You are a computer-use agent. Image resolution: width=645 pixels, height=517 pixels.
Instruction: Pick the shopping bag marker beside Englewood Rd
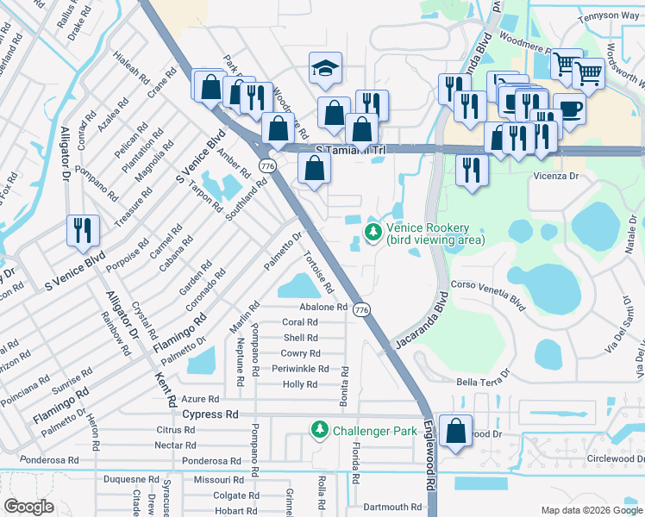click(x=454, y=430)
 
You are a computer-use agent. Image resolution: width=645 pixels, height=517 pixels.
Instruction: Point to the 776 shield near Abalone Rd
click(x=362, y=309)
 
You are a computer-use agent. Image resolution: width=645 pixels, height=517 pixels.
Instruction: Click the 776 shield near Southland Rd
click(x=267, y=165)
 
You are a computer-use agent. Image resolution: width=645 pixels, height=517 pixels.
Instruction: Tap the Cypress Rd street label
click(x=210, y=414)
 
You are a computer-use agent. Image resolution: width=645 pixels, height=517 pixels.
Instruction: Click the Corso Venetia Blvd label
click(x=488, y=294)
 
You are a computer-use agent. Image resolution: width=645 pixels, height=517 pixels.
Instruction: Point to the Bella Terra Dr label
click(x=485, y=379)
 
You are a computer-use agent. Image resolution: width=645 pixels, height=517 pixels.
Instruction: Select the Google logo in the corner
click(x=28, y=507)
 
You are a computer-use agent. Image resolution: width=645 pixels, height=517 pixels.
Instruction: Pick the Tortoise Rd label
click(x=319, y=271)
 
